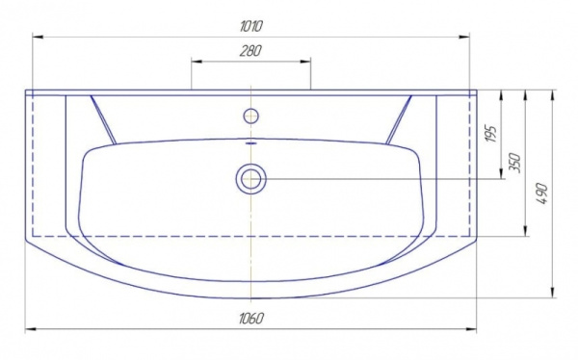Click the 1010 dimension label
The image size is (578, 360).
[251, 27]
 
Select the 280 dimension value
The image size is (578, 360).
[250, 51]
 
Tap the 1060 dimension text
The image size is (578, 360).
[251, 319]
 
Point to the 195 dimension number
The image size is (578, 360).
[491, 134]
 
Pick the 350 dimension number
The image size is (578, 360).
[515, 163]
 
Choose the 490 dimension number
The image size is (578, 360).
[542, 193]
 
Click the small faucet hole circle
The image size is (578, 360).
[251, 116]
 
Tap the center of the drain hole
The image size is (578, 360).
[251, 179]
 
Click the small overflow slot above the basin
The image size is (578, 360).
[251, 141]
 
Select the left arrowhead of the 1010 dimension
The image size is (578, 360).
[38, 37]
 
